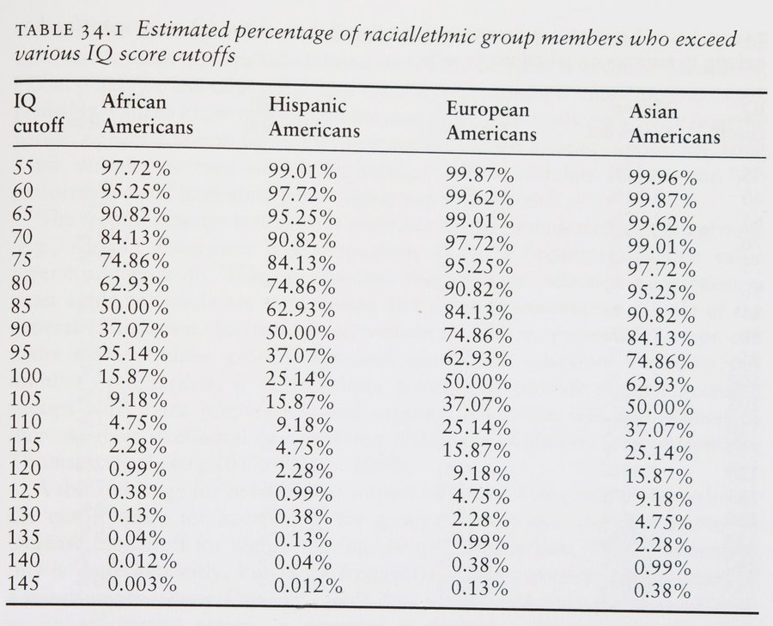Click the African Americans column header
(147, 114)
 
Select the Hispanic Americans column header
(313, 119)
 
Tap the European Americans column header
(491, 122)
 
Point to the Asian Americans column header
(675, 125)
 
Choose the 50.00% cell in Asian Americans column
(662, 408)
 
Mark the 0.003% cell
(139, 584)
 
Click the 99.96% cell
(662, 179)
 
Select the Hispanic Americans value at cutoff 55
(301, 170)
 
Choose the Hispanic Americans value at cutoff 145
(309, 587)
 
